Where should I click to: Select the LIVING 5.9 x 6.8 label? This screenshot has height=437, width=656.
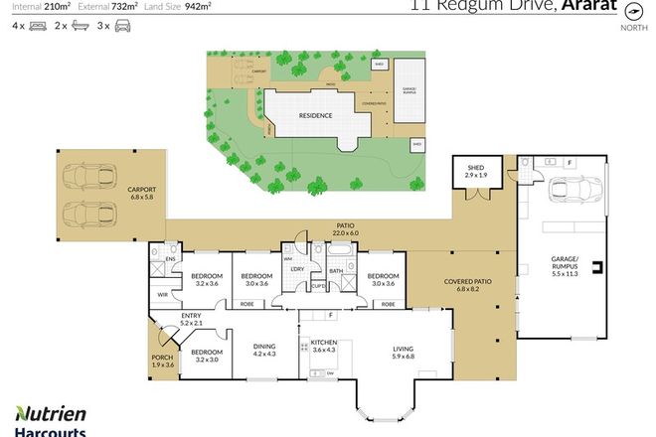click(403, 353)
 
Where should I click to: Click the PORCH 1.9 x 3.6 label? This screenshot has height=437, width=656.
click(162, 363)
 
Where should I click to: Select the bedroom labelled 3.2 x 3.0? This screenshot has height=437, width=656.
click(206, 356)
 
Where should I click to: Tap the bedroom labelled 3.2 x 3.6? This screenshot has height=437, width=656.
click(206, 279)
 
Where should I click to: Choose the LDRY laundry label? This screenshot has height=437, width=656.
click(296, 269)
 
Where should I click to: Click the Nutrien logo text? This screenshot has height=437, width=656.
click(50, 414)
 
